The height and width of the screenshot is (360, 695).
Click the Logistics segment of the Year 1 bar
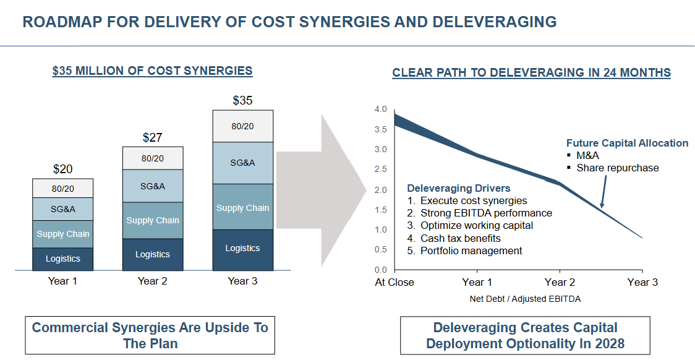(x=63, y=259)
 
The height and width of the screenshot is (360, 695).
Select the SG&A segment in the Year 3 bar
(x=242, y=163)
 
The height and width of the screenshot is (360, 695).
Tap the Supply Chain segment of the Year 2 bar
(x=153, y=220)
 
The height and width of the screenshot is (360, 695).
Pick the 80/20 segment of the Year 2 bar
(x=153, y=158)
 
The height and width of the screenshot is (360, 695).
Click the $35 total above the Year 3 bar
(x=242, y=100)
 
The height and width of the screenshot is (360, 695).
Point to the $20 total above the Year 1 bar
(x=63, y=169)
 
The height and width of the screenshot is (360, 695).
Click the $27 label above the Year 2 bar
(x=153, y=137)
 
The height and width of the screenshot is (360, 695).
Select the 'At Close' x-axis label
(x=394, y=282)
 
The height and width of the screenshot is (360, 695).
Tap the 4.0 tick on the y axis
(x=380, y=109)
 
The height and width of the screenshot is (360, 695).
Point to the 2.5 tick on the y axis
(x=380, y=169)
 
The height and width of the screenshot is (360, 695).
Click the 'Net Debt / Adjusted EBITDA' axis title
(x=525, y=299)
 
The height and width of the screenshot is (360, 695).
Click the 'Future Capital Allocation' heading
(x=627, y=143)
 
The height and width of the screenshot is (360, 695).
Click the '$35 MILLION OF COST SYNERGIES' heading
(x=152, y=71)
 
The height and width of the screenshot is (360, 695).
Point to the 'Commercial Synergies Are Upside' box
(x=150, y=335)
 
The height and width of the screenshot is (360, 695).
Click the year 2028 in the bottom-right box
(x=609, y=343)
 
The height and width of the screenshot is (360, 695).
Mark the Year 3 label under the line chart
(x=642, y=282)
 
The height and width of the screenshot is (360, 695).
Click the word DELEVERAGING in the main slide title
(x=494, y=22)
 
